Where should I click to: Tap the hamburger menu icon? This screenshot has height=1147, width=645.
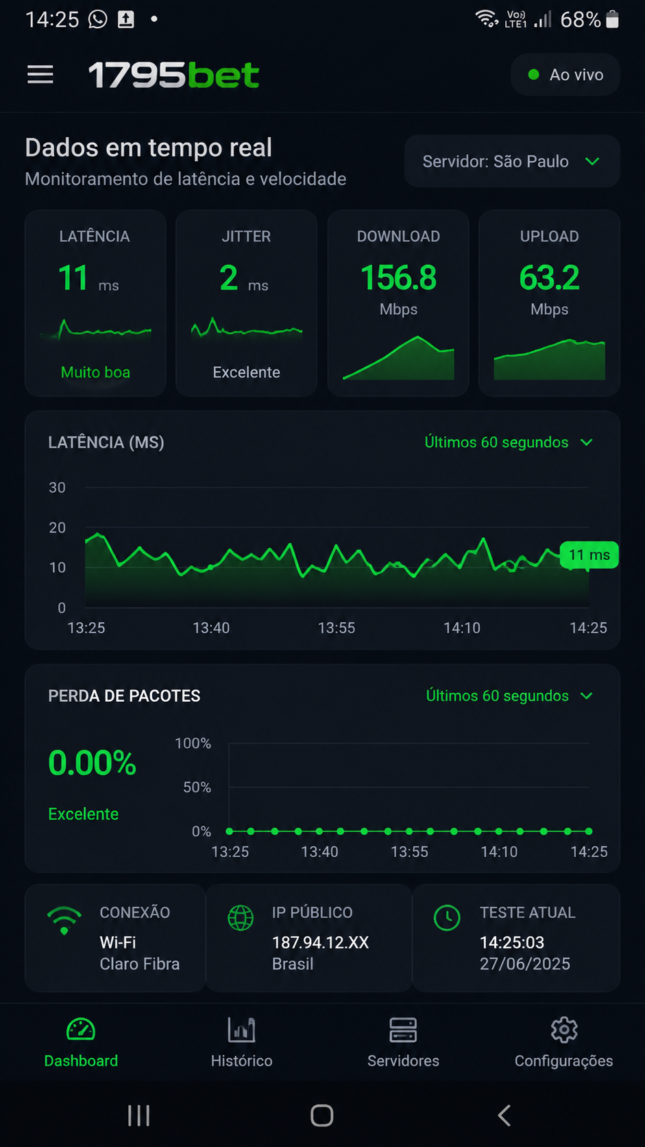pos(40,75)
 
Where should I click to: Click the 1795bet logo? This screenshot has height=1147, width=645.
pos(173,75)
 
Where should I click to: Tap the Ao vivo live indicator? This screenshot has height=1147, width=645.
pos(565,75)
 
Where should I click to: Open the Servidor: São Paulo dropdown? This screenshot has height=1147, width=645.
pos(512,161)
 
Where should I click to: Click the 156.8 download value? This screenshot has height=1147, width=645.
pos(398,278)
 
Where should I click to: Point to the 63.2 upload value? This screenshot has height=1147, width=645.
pos(549,278)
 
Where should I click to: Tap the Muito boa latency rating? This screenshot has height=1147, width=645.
pos(95,373)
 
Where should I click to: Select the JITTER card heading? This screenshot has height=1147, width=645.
pos(246,236)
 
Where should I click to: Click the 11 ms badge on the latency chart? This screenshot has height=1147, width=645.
pos(589,554)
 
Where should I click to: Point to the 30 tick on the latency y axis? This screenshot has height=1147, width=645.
pos(58,488)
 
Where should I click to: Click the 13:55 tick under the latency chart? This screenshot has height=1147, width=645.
pos(337,628)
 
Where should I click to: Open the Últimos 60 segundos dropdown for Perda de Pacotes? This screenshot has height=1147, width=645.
pos(509,696)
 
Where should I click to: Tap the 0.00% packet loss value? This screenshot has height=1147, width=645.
pos(92,763)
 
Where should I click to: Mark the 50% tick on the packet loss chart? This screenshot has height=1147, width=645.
pos(197,787)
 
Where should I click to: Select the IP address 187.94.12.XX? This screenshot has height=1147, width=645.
pos(320,942)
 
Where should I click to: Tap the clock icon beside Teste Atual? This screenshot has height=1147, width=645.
pos(447,918)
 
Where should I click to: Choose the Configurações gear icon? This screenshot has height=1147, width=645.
pos(564,1030)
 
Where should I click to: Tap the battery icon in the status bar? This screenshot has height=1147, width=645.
pos(612,19)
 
